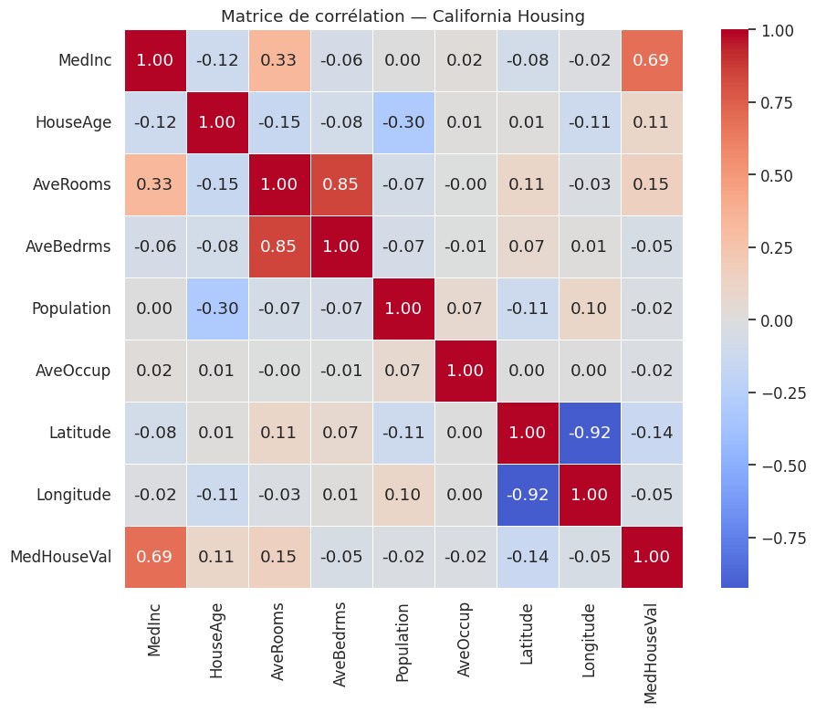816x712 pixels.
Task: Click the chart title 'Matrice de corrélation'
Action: (403, 16)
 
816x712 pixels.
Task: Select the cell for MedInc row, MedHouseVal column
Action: (652, 60)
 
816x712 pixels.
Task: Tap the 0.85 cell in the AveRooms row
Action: (341, 184)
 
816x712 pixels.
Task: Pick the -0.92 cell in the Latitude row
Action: (590, 433)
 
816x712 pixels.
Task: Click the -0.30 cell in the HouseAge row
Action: (403, 122)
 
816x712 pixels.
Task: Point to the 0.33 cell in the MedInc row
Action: (279, 60)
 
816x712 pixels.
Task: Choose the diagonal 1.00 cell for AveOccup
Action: (466, 371)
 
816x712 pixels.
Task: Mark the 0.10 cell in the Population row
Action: (590, 309)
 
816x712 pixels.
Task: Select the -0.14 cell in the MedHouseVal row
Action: (528, 557)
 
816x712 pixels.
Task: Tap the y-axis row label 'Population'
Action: (71, 309)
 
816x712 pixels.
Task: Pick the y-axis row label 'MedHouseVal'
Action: (61, 557)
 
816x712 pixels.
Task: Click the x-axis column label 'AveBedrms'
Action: (340, 643)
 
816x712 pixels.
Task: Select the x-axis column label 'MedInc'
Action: (154, 629)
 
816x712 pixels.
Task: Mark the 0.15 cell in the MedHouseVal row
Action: (279, 557)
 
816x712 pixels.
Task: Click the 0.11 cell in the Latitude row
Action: (279, 433)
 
